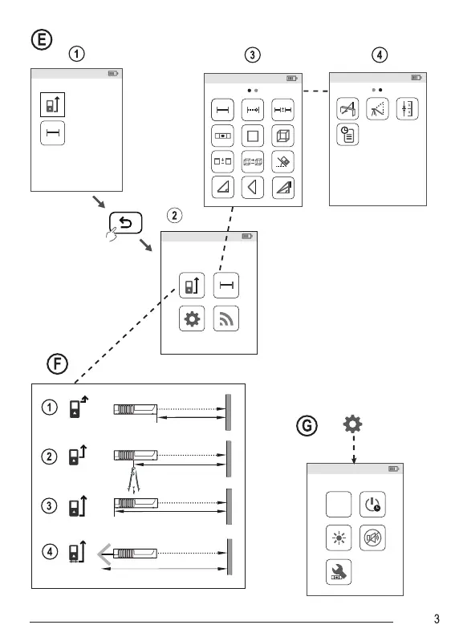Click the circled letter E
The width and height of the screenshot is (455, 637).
[42, 40]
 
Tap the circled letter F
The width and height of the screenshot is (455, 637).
[57, 363]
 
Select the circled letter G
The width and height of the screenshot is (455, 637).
[307, 426]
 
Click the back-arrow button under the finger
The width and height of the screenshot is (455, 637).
[125, 222]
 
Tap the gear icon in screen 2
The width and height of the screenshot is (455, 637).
[192, 319]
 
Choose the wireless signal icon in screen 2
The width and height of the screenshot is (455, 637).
[226, 319]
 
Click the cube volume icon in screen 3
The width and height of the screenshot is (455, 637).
[282, 136]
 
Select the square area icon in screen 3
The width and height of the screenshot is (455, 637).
[253, 136]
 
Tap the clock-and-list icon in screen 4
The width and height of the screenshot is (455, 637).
[347, 135]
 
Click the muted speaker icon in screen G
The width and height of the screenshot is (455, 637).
[372, 538]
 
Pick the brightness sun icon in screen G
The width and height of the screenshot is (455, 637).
[339, 538]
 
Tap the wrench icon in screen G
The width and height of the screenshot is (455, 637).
[339, 572]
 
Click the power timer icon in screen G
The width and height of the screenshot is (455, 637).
[372, 504]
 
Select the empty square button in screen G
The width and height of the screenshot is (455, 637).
[339, 504]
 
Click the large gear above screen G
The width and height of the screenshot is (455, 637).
[352, 424]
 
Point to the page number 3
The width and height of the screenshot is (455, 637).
[437, 619]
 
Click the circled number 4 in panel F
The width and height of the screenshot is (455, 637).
[50, 552]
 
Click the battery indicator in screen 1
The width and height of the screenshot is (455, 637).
[113, 74]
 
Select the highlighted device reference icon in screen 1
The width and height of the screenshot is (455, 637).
[52, 105]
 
